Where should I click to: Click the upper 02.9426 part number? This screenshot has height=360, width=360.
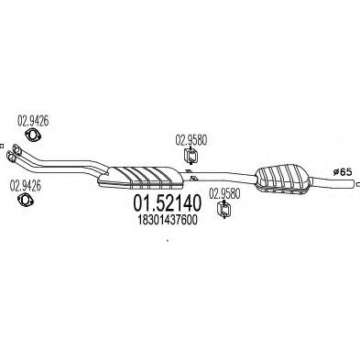[33, 119]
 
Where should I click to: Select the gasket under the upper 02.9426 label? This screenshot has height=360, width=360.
[34, 137]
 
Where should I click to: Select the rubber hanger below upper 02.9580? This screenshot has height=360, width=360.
[191, 161]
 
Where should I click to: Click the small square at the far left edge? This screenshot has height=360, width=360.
[3, 145]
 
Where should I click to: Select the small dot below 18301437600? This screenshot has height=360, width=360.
[166, 241]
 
